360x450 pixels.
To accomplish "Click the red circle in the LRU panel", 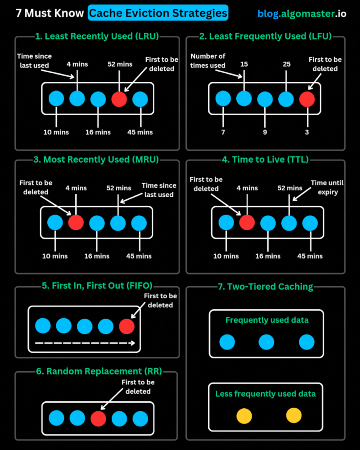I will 119,99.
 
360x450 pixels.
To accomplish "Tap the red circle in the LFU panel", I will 307,99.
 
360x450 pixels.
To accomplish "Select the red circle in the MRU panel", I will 76,222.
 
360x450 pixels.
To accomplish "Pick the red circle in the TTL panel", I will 247,222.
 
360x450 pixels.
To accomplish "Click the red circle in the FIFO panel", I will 126,326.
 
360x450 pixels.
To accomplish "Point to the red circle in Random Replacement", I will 98,418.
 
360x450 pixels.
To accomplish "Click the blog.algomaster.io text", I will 302,13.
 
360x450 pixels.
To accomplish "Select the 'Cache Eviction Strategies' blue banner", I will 157,13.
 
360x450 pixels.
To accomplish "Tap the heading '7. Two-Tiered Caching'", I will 265,287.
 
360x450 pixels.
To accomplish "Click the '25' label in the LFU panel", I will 286,64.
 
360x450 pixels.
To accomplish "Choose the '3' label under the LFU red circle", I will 307,132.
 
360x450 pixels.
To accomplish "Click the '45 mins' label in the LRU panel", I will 140,132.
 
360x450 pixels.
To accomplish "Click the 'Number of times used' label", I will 208,61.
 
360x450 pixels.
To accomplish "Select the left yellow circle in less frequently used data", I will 244,415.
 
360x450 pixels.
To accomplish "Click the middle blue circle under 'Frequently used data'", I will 266,342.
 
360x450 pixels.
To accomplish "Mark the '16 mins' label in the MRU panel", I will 97,256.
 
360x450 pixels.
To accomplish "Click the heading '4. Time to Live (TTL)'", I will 265,159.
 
